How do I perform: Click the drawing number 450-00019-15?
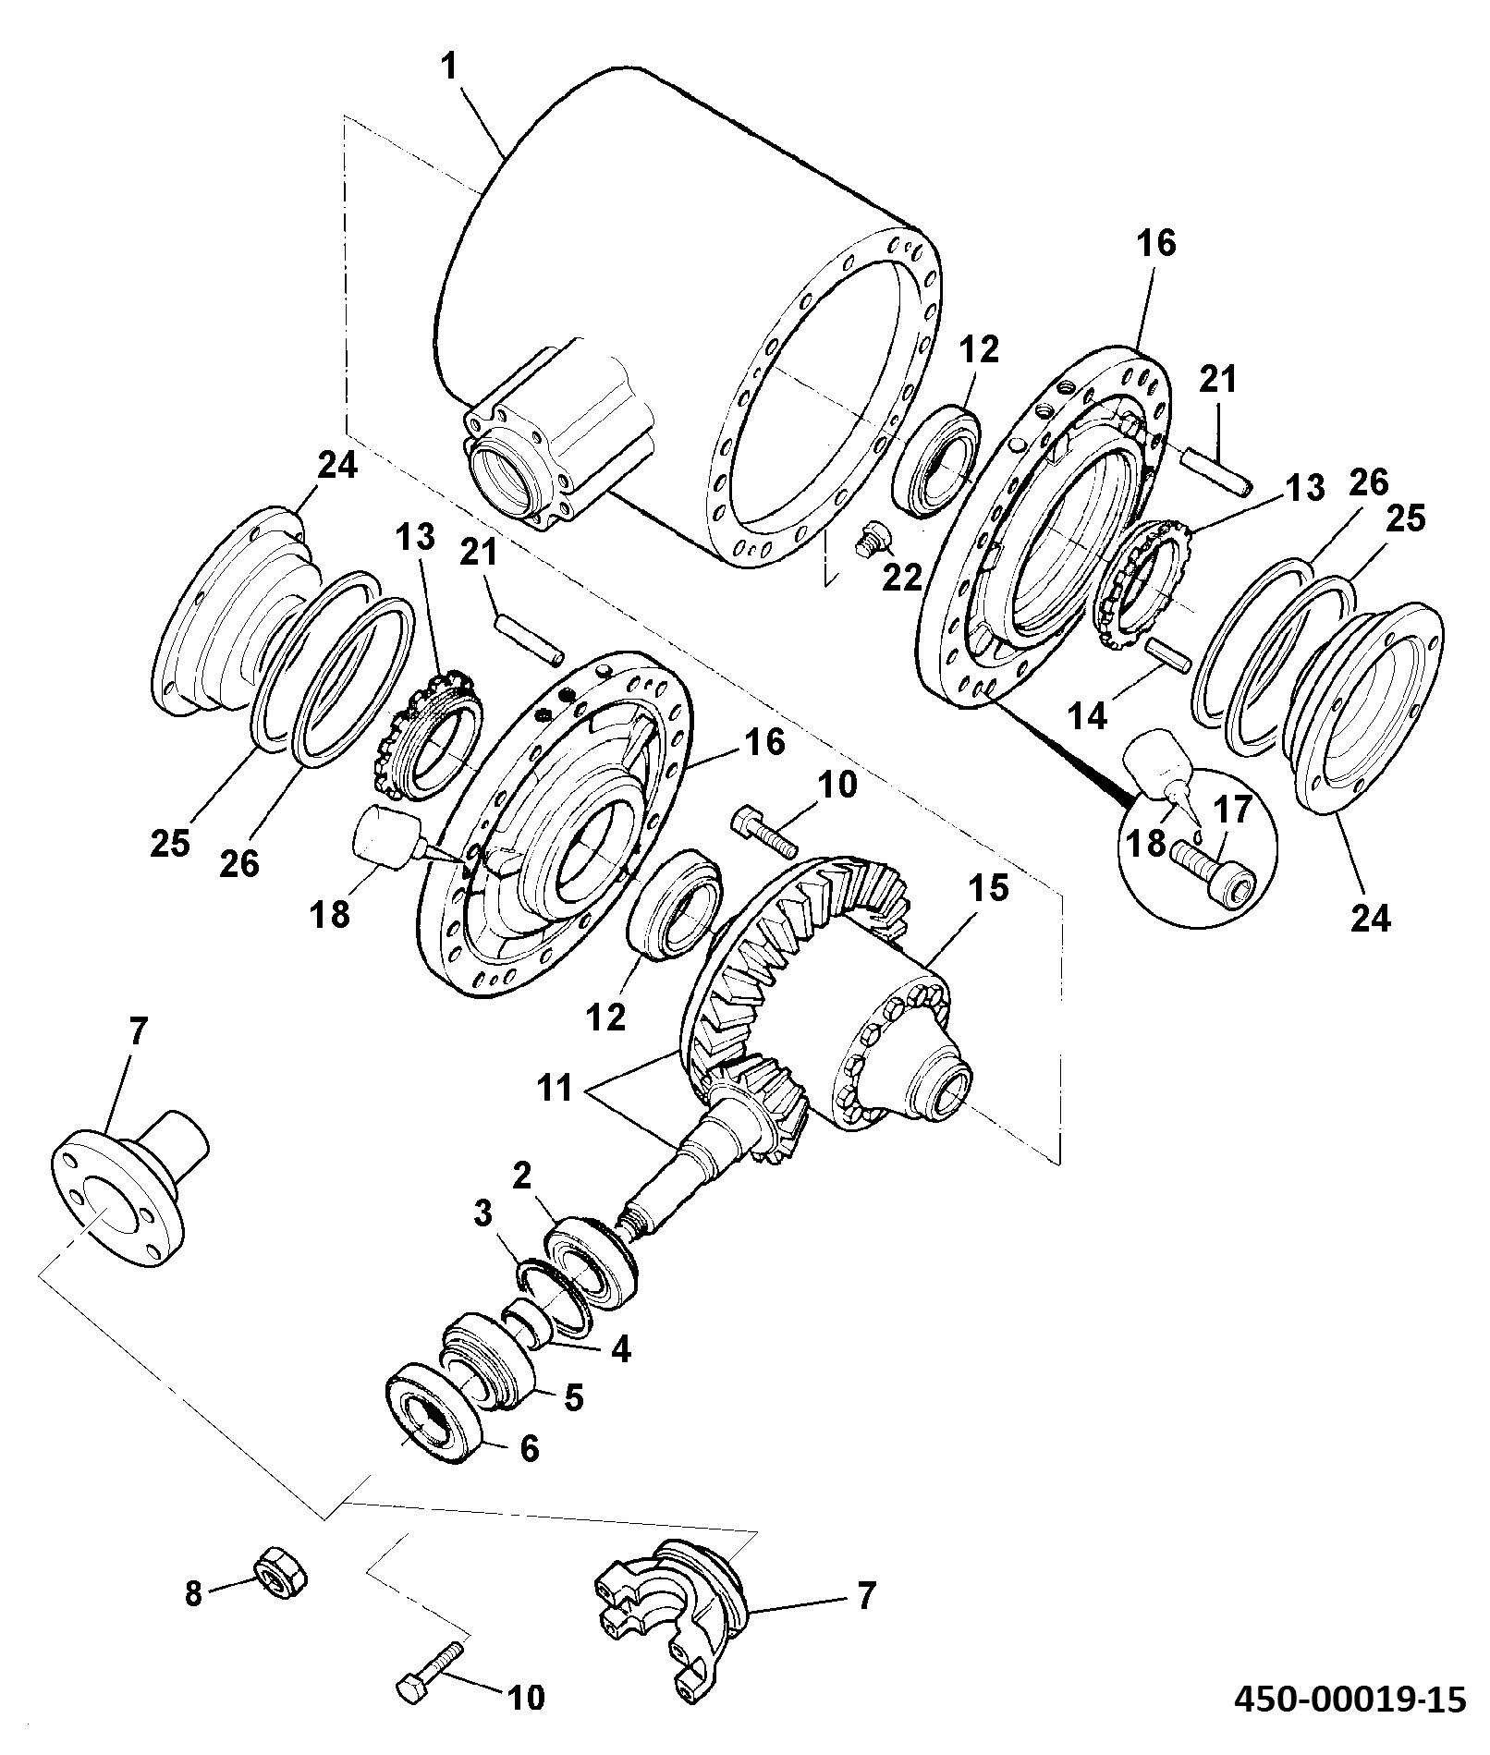click(1350, 1723)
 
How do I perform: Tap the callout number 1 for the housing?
click(451, 67)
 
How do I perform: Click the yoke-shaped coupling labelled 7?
click(667, 1612)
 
